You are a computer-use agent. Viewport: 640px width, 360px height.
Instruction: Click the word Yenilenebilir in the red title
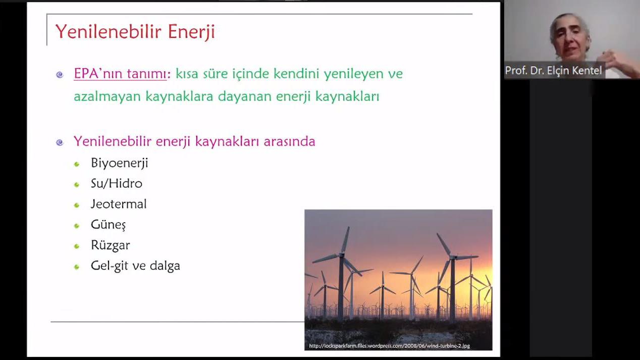[109, 31]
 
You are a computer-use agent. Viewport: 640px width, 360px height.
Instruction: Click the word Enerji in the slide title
[191, 32]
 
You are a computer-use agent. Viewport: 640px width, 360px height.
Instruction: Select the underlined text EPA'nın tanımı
[120, 73]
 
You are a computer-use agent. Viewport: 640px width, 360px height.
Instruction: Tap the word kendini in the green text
[296, 73]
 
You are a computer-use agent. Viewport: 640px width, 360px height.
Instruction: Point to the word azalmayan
[107, 96]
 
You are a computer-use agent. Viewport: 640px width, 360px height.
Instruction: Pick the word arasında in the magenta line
[289, 141]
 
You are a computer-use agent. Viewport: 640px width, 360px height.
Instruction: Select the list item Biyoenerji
[120, 163]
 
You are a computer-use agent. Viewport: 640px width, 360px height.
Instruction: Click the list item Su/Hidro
[116, 183]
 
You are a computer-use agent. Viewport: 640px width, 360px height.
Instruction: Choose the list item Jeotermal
[119, 204]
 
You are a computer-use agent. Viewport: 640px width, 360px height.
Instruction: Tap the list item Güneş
[109, 225]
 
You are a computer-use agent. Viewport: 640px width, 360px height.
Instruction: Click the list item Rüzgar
[111, 245]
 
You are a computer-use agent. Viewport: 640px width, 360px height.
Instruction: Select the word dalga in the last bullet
[165, 266]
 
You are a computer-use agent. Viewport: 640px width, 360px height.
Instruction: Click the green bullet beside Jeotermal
[77, 205]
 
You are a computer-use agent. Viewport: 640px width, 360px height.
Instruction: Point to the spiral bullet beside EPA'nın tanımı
[60, 75]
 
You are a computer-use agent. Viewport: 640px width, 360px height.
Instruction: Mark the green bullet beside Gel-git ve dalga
[77, 267]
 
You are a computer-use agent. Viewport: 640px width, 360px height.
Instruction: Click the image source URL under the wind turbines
[390, 346]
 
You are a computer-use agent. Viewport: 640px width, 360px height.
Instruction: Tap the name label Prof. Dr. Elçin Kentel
[553, 71]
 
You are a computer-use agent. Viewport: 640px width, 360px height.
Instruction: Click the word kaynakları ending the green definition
[347, 96]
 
